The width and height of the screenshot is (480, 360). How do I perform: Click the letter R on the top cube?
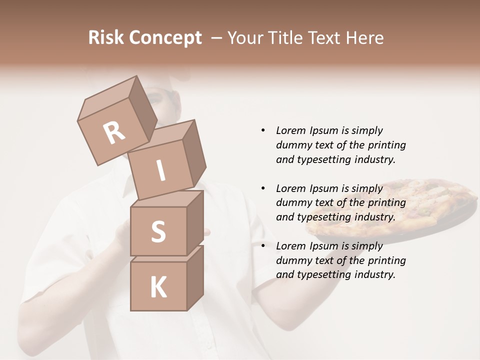[x=114, y=132]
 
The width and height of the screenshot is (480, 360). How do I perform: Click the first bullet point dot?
[x=263, y=130]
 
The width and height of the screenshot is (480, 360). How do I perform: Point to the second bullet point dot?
[x=263, y=188]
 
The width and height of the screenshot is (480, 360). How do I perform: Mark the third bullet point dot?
[x=263, y=246]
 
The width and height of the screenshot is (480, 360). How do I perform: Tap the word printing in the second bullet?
[x=386, y=202]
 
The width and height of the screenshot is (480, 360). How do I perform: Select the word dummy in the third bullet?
[x=292, y=260]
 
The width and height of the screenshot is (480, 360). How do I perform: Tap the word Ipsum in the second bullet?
[x=324, y=188]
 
